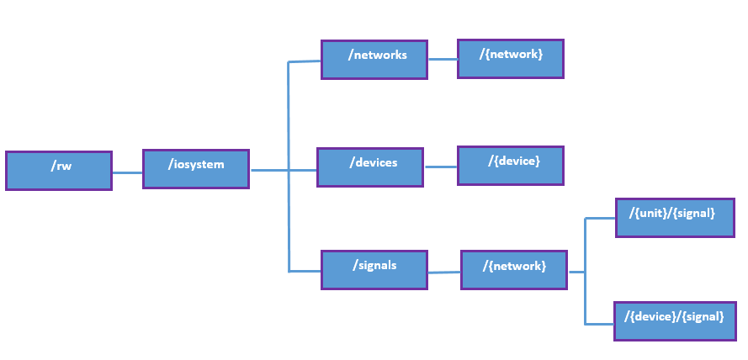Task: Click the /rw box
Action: coord(59,171)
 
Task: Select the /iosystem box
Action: coord(196,169)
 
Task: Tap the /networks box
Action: coord(374,60)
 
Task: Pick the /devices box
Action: coord(370,167)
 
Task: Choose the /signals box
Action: coord(374,269)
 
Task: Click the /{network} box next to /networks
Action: coord(511,58)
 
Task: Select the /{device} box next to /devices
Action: coord(511,165)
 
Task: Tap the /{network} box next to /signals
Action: coord(514,270)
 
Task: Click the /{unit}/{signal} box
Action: coord(675,218)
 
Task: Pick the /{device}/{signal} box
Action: coord(675,320)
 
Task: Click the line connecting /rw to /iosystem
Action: coord(127,172)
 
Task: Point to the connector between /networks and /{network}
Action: coord(443,60)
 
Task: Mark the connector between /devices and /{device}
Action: coord(440,167)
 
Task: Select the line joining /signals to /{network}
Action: coord(444,272)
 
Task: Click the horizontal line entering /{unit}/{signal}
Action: coord(600,219)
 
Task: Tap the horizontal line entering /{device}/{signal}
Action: coord(599,323)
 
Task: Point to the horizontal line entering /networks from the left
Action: coord(305,61)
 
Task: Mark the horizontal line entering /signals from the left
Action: coord(305,271)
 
